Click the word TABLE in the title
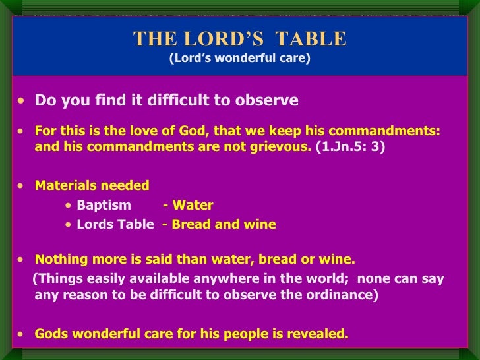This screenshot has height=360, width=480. point(313,39)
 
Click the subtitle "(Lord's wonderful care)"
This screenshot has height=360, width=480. point(239,58)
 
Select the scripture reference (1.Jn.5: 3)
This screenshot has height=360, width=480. point(350,146)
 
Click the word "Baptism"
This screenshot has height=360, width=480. point(104,205)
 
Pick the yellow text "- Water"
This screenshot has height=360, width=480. point(188,205)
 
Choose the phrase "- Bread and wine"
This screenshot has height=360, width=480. point(219,224)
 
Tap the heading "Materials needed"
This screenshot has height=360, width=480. point(92,185)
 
